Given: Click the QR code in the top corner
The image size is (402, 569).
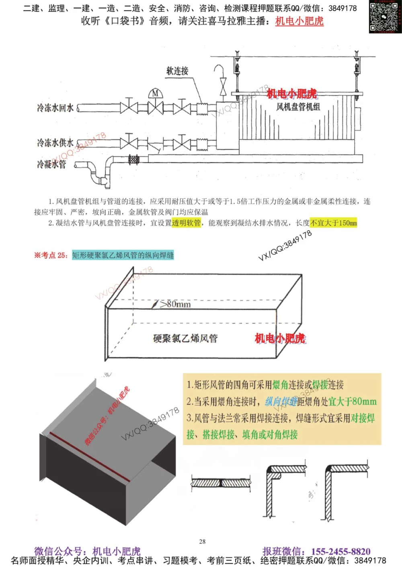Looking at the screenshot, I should coord(385,16).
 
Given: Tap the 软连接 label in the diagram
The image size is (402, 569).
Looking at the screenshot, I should coord(177,71).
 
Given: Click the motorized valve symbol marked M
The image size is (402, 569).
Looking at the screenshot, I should coord(155,94).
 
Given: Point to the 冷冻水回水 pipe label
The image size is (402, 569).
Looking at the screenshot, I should coord(55,108).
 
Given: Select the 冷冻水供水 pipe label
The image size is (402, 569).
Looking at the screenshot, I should coord(55,143).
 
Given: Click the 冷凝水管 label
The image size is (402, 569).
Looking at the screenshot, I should coord(51,164).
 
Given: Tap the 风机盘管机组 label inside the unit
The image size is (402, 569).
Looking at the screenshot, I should coord(298,107).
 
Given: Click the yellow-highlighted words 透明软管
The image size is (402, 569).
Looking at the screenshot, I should coord(186,223).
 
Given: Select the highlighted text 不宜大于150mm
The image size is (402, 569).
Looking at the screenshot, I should coord(333,223).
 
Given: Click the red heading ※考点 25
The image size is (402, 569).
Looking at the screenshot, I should coord(51,255).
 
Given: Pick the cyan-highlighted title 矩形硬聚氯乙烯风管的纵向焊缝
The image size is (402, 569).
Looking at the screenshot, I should coord(123,255).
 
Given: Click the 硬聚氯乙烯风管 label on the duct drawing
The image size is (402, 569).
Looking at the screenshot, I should coord(185,338).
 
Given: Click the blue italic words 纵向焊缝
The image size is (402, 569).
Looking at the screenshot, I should coord(281,401).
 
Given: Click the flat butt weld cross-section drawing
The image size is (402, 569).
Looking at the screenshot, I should coord(221,483).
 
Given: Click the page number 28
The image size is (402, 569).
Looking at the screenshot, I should coord(202,542).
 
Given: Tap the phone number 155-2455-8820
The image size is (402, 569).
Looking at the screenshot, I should coord(340,551).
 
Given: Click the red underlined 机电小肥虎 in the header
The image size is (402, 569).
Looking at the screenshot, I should coord(299,21).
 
